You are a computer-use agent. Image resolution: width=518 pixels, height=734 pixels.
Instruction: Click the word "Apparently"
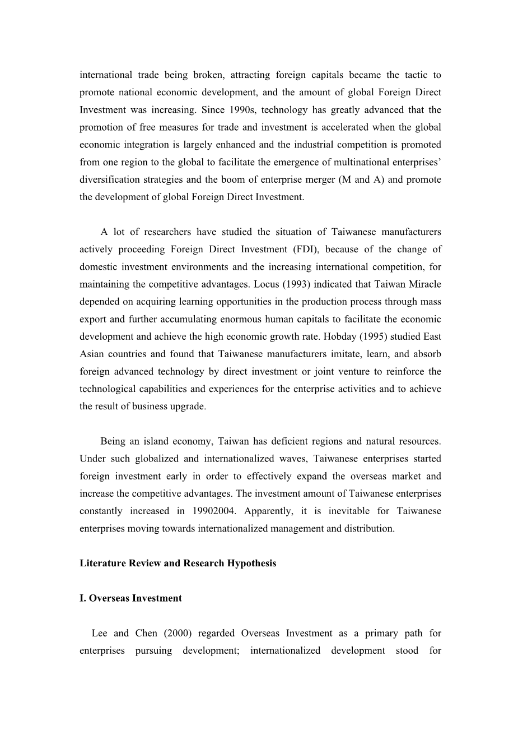(268, 511)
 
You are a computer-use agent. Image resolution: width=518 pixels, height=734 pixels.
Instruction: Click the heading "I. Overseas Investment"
(130, 598)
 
